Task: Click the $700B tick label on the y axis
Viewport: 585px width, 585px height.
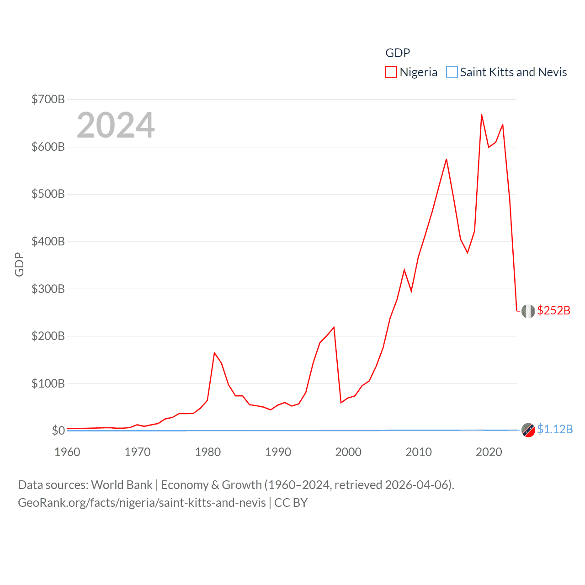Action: point(48,99)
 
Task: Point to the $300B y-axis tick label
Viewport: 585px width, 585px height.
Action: point(48,289)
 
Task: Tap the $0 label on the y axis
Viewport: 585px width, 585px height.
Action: point(58,431)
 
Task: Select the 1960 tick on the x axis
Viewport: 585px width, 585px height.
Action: point(67,452)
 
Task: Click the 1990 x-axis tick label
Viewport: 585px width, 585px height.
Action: point(278,452)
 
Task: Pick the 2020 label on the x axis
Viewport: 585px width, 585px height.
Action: point(489,452)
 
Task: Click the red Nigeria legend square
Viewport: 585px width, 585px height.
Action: point(391,72)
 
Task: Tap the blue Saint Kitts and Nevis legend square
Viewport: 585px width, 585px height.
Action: point(452,72)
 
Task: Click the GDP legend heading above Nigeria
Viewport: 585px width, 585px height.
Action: point(398,53)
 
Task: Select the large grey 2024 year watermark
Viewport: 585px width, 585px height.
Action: point(116,125)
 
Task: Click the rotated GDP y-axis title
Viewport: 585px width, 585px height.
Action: point(19,264)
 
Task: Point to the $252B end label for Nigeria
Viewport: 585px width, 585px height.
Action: point(553,310)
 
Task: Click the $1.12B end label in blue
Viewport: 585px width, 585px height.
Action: point(554,429)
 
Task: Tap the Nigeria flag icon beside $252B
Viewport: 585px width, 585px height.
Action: point(528,311)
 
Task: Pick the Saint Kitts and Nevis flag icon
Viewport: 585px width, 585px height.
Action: point(528,430)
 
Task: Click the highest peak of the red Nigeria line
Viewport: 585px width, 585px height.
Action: point(482,115)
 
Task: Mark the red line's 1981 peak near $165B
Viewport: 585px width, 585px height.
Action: point(214,353)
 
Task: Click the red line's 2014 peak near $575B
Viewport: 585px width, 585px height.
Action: point(447,159)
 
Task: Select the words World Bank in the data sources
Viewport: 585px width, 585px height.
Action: point(122,484)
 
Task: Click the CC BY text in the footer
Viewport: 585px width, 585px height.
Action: point(291,503)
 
